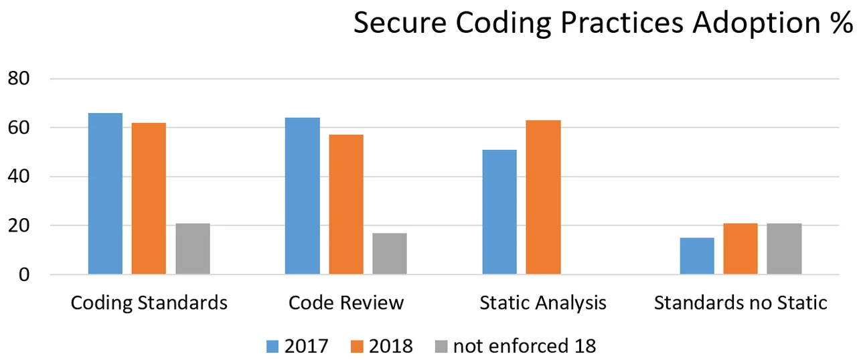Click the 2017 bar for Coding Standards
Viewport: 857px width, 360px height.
105,194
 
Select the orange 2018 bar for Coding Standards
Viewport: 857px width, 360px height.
149,199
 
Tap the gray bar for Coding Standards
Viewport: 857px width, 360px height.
193,249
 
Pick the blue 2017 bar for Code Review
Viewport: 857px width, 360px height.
302,196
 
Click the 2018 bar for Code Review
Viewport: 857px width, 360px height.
346,205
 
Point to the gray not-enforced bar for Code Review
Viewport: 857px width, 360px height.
390,254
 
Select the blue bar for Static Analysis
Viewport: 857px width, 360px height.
499,212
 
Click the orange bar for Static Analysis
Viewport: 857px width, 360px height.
543,197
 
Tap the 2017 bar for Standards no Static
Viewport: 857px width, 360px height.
697,256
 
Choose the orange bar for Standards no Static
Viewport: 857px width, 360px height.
741,249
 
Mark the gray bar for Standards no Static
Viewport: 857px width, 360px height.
784,249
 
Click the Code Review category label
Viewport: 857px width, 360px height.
346,303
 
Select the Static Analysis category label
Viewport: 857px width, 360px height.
543,303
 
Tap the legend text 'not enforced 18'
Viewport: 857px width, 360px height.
524,346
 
